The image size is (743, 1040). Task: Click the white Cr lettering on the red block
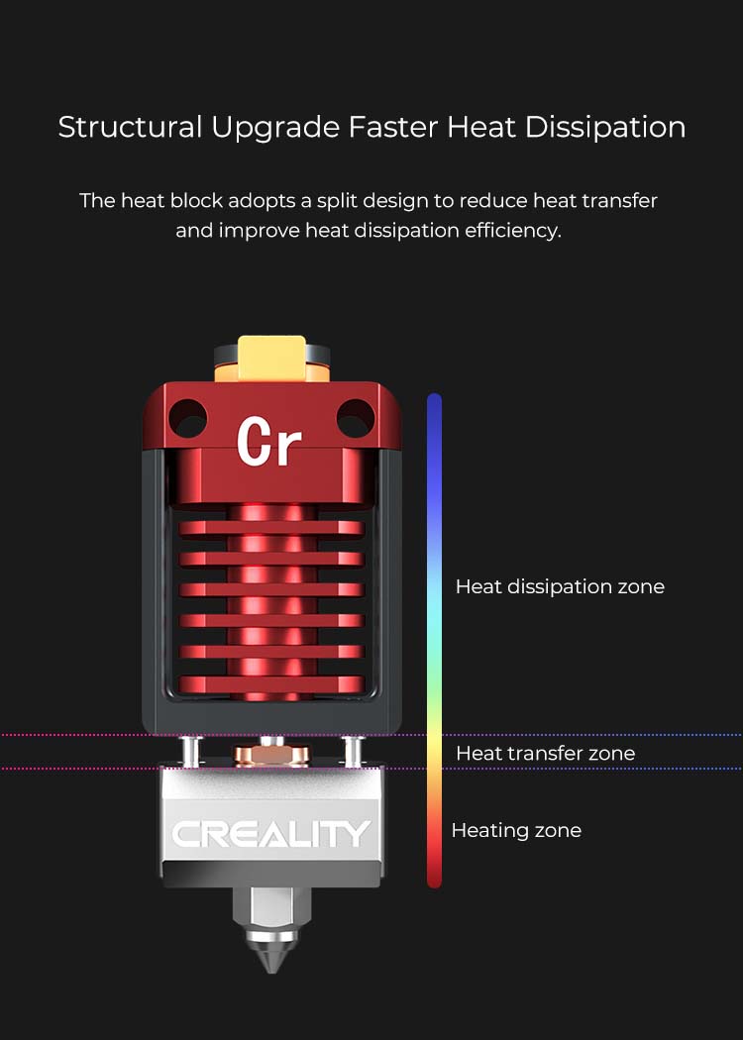coord(268,441)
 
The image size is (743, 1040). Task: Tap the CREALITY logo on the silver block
coord(271,834)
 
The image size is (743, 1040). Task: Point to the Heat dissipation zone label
coord(560,586)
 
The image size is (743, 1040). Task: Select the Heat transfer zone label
coord(545,753)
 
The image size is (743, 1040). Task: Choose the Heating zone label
coord(516,830)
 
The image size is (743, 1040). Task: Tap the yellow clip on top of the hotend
coord(272,359)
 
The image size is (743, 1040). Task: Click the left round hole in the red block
coord(188,419)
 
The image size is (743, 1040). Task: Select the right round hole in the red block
coord(356,419)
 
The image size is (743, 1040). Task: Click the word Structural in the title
coord(130,127)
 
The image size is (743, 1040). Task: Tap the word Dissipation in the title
coord(605,127)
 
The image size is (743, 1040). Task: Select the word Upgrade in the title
coord(275,128)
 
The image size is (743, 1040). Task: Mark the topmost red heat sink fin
coord(271,529)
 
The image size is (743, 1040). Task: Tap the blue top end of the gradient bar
coord(435,400)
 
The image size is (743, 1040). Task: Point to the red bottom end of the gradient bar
coord(435,880)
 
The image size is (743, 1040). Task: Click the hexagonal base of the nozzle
coord(271,907)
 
